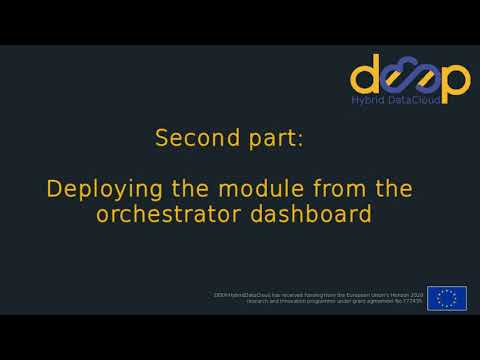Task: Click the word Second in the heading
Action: pos(191,139)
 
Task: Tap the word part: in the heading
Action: pos(269,139)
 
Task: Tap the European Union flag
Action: pos(447,298)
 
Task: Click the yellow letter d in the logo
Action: pos(366,77)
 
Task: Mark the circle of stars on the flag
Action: pos(447,298)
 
